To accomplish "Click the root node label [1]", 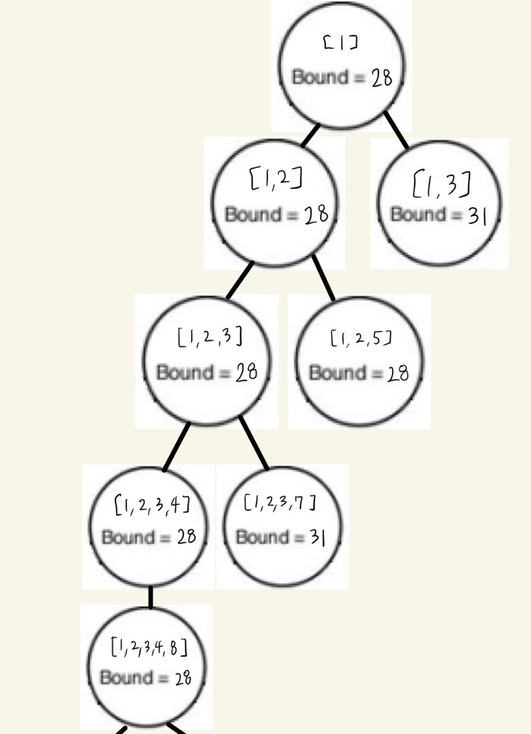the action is (x=340, y=45).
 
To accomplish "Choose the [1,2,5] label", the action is (x=361, y=338).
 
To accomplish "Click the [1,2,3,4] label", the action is (x=151, y=506).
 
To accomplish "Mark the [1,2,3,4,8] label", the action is (x=150, y=646).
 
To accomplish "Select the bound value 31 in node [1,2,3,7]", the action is (x=317, y=537).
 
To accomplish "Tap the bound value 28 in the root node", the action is (x=381, y=78).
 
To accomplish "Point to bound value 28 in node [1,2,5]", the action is (x=398, y=374).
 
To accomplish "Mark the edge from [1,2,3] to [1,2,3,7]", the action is (x=254, y=443).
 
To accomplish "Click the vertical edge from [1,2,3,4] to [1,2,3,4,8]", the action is (x=150, y=597).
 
